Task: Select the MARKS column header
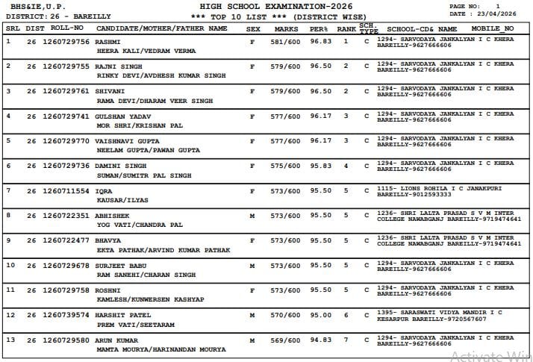coord(286,28)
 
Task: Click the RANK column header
coord(346,28)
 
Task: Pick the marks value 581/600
coord(286,42)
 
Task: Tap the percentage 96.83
coord(320,42)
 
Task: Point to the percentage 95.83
coord(320,166)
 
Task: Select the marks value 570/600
coord(286,315)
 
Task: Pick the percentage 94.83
coord(320,340)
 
